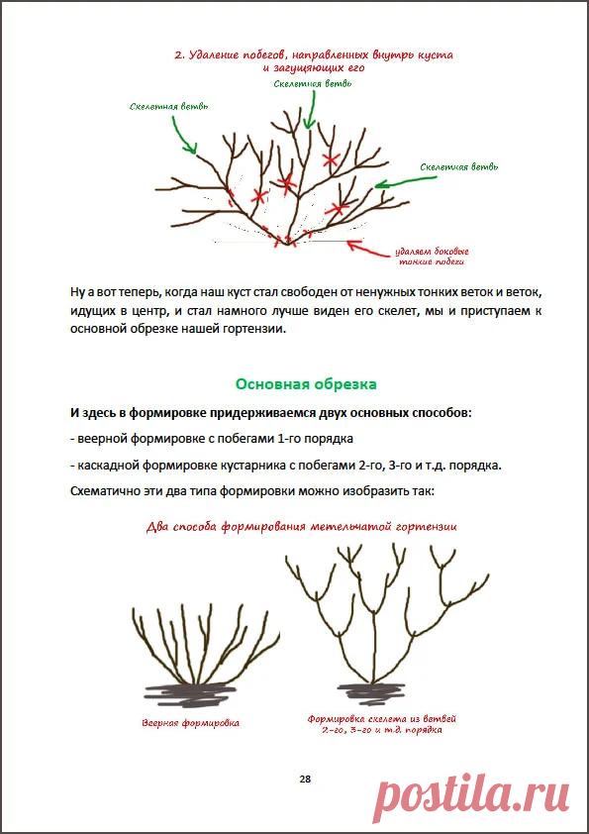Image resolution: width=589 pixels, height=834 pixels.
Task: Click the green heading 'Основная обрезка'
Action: (305, 383)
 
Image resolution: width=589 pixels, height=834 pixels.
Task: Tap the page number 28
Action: (305, 780)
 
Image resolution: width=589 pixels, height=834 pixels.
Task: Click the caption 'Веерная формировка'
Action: (190, 723)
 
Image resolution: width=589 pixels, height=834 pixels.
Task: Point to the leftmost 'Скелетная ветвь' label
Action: (168, 106)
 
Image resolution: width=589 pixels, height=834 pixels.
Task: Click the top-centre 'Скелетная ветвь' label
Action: (313, 84)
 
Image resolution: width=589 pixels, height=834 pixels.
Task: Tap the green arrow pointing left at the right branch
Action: (396, 181)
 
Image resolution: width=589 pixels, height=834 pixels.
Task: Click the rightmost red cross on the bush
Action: (339, 209)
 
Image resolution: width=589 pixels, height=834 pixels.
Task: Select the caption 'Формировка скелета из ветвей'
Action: (381, 718)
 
